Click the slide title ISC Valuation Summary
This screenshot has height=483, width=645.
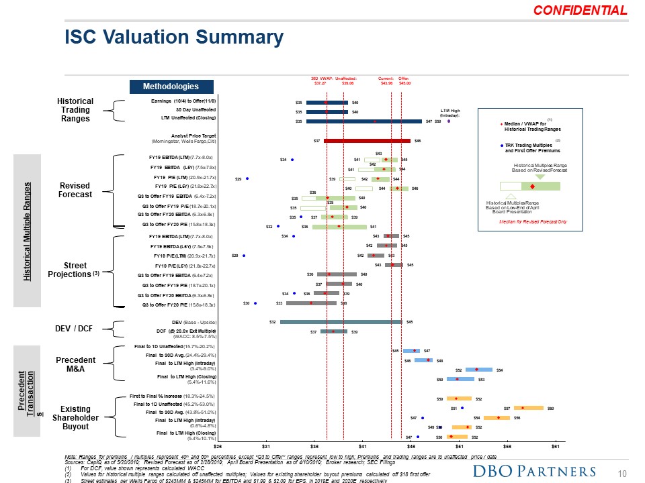coord(173,37)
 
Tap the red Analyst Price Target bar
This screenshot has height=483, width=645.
coord(367,141)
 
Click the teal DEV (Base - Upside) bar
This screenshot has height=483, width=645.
coord(341,322)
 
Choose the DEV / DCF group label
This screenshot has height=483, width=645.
coord(75,328)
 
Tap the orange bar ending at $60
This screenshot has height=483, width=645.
coord(529,407)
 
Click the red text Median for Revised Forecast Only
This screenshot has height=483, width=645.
coord(534,221)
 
